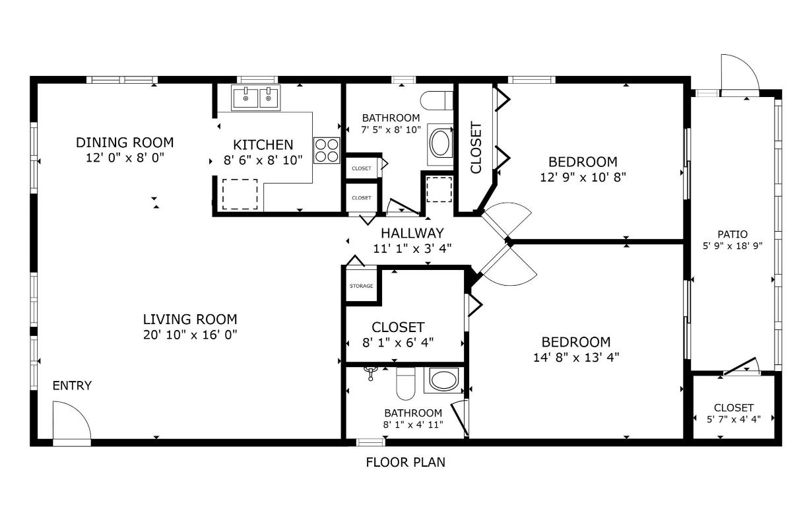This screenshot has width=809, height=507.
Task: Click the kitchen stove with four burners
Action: pyautogui.click(x=327, y=150)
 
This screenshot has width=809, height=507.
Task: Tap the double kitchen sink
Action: pyautogui.click(x=255, y=98)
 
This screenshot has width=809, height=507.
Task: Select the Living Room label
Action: pyautogui.click(x=189, y=320)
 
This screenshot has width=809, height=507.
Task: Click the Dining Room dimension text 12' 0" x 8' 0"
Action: pyautogui.click(x=124, y=158)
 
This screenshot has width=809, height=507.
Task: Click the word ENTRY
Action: pyautogui.click(x=72, y=386)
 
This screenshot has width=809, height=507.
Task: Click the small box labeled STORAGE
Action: pyautogui.click(x=361, y=286)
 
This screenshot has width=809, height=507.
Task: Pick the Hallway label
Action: pyautogui.click(x=412, y=233)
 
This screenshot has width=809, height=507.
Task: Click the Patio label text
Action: pyautogui.click(x=732, y=234)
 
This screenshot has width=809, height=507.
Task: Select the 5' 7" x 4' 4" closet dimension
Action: pyautogui.click(x=733, y=418)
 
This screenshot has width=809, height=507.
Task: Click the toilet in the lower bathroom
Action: pyautogui.click(x=404, y=382)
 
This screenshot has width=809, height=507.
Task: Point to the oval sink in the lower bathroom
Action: pyautogui.click(x=445, y=380)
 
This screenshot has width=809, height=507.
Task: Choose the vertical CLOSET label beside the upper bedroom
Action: pyautogui.click(x=475, y=147)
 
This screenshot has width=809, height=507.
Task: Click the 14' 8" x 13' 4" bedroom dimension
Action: pyautogui.click(x=575, y=357)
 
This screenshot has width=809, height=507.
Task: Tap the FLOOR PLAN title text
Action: pyautogui.click(x=405, y=462)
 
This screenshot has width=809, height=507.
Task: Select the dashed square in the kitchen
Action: pyautogui.click(x=239, y=193)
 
